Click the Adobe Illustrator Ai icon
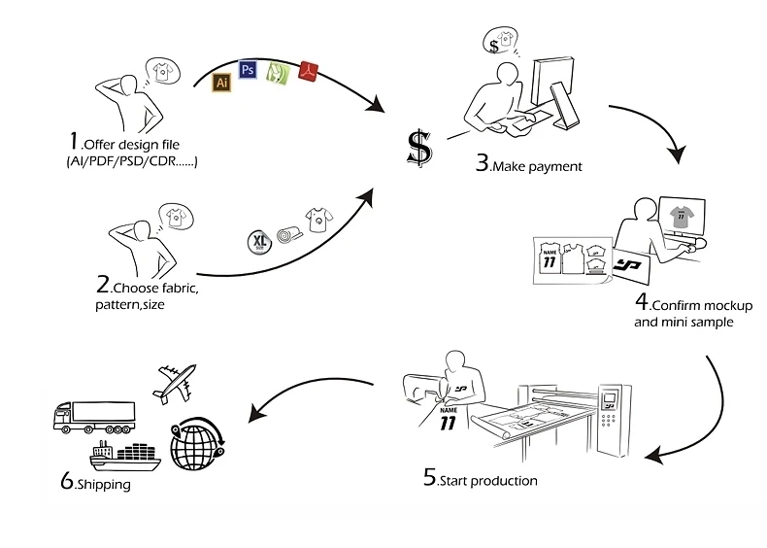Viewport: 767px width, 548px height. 221,82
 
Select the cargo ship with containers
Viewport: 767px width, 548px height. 126,456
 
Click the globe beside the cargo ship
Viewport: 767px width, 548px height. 195,445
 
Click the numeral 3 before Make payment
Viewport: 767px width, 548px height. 482,162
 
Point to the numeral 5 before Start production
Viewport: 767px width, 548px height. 429,478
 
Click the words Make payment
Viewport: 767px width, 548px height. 538,167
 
